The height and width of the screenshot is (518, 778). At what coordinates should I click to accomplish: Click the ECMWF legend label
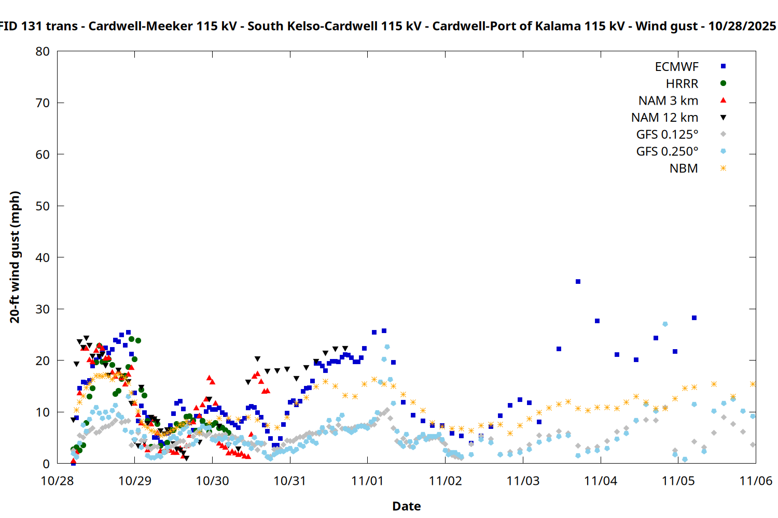click(x=676, y=67)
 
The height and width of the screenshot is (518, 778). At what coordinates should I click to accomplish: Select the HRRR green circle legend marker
click(x=723, y=83)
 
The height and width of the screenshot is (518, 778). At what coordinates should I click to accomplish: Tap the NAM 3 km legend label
click(x=668, y=100)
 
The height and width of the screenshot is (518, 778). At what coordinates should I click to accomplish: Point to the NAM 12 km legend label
click(x=664, y=118)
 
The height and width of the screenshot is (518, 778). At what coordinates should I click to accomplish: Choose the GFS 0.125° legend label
click(x=667, y=135)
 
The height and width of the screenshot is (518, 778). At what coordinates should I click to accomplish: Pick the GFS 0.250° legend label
click(x=667, y=152)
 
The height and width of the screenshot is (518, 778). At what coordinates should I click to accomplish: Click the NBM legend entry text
click(x=684, y=169)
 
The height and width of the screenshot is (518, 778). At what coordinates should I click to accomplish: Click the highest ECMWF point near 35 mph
click(x=578, y=282)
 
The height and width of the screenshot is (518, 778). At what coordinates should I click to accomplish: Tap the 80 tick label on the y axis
click(x=43, y=51)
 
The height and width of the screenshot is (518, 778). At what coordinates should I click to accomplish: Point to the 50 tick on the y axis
click(x=43, y=206)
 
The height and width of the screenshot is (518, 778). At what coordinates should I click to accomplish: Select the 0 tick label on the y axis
click(x=46, y=464)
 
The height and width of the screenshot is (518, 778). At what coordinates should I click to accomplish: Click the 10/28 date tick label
click(x=57, y=481)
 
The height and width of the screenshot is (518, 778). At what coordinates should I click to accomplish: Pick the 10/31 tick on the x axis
click(x=290, y=481)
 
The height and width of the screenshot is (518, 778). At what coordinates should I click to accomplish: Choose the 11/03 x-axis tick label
click(x=523, y=481)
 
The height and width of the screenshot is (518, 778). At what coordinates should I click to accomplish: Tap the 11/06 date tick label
click(x=755, y=481)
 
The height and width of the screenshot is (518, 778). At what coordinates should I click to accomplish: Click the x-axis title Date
click(x=406, y=506)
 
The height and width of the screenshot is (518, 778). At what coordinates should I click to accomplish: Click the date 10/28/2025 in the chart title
click(x=742, y=26)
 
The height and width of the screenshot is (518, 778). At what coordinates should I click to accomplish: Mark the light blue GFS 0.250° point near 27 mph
click(x=665, y=324)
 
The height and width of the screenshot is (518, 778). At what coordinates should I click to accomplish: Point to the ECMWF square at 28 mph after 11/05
click(x=694, y=318)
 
